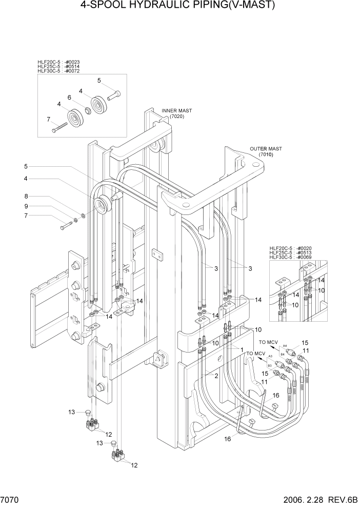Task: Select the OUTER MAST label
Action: pyautogui.click(x=266, y=149)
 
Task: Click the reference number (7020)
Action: pyautogui.click(x=176, y=116)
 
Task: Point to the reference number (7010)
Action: pyautogui.click(x=266, y=154)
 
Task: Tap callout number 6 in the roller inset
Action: pyautogui.click(x=69, y=97)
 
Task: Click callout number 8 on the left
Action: pyautogui.click(x=25, y=195)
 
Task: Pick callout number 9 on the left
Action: pyautogui.click(x=25, y=206)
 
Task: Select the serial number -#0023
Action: pyautogui.click(x=71, y=62)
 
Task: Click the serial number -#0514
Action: pyautogui.click(x=71, y=67)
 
